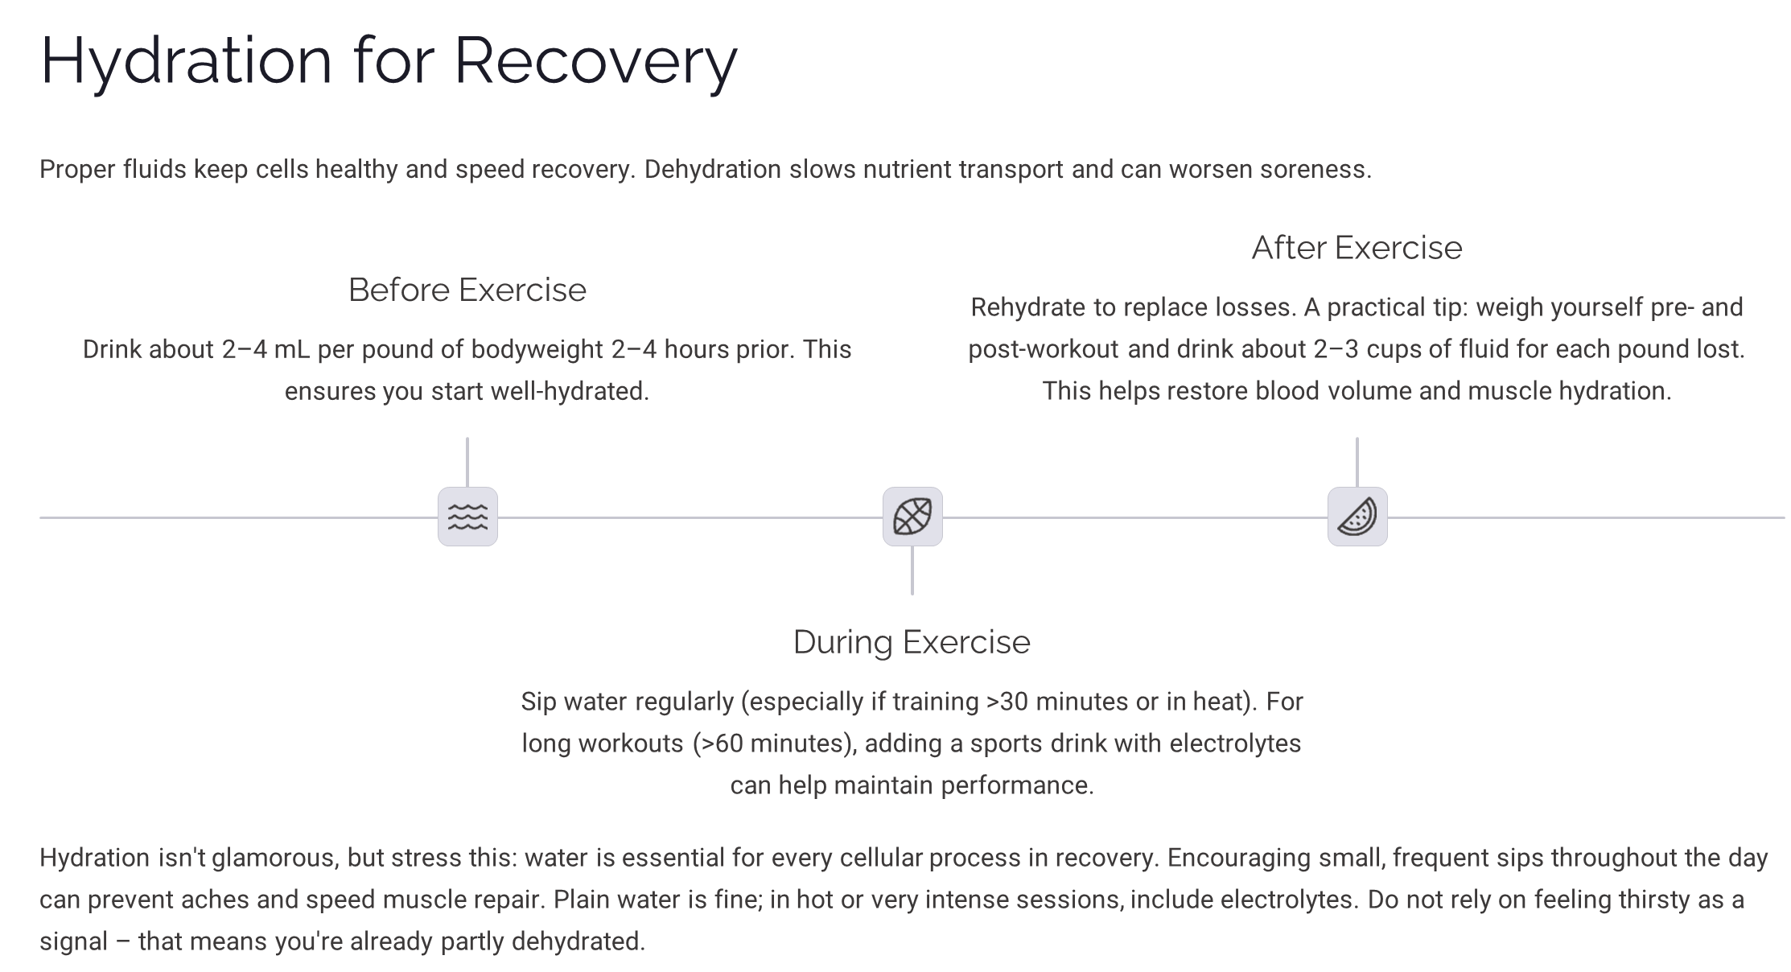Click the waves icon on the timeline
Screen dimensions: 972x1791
[x=467, y=517]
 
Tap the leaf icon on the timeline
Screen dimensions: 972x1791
[x=912, y=517]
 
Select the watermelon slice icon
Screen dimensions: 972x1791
[x=1357, y=517]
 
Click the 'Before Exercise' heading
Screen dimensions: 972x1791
[x=467, y=290]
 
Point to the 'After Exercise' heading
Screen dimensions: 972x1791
[x=1357, y=248]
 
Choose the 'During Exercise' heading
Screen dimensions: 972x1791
[x=912, y=642]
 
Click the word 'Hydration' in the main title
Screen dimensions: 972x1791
[x=186, y=61]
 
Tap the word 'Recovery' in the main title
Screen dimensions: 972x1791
[x=595, y=61]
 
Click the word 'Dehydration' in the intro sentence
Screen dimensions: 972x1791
[x=712, y=170]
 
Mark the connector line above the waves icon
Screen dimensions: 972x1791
[x=467, y=462]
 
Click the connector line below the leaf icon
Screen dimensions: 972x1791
[x=912, y=570]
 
